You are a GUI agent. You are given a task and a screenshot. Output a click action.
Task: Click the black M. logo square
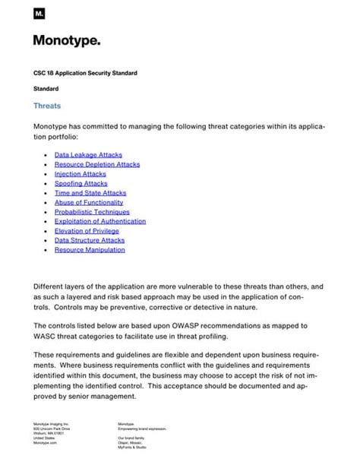click(39, 14)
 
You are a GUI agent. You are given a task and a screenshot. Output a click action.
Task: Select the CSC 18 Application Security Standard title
click(85, 73)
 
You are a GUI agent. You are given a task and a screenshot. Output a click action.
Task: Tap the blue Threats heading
click(47, 106)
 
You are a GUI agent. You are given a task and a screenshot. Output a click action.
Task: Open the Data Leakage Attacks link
click(88, 155)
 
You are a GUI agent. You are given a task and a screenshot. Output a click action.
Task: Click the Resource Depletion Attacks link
click(97, 164)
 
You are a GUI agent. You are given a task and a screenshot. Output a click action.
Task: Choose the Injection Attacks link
click(81, 174)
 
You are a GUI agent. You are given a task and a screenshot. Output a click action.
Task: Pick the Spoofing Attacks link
click(81, 183)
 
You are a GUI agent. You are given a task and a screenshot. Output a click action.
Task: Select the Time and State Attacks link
click(90, 193)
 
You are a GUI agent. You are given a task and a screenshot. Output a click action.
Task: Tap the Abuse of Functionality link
click(89, 203)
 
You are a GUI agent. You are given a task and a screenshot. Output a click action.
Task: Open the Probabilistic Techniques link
click(92, 212)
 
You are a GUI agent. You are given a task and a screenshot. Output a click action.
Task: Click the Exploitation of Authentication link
click(100, 221)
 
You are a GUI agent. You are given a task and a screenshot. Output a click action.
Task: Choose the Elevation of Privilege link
click(87, 231)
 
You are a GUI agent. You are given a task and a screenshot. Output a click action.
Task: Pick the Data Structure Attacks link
click(90, 240)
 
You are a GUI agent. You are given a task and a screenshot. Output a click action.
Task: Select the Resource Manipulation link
click(90, 250)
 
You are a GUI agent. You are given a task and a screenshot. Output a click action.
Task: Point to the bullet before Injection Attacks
click(47, 174)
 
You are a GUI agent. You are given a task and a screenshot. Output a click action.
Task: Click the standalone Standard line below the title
click(46, 89)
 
